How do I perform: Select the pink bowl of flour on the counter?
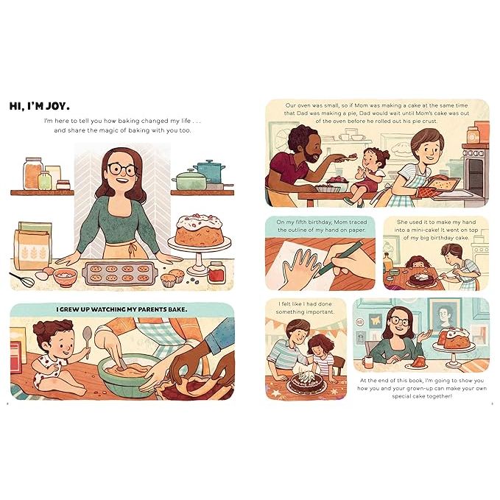[x=66, y=275]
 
